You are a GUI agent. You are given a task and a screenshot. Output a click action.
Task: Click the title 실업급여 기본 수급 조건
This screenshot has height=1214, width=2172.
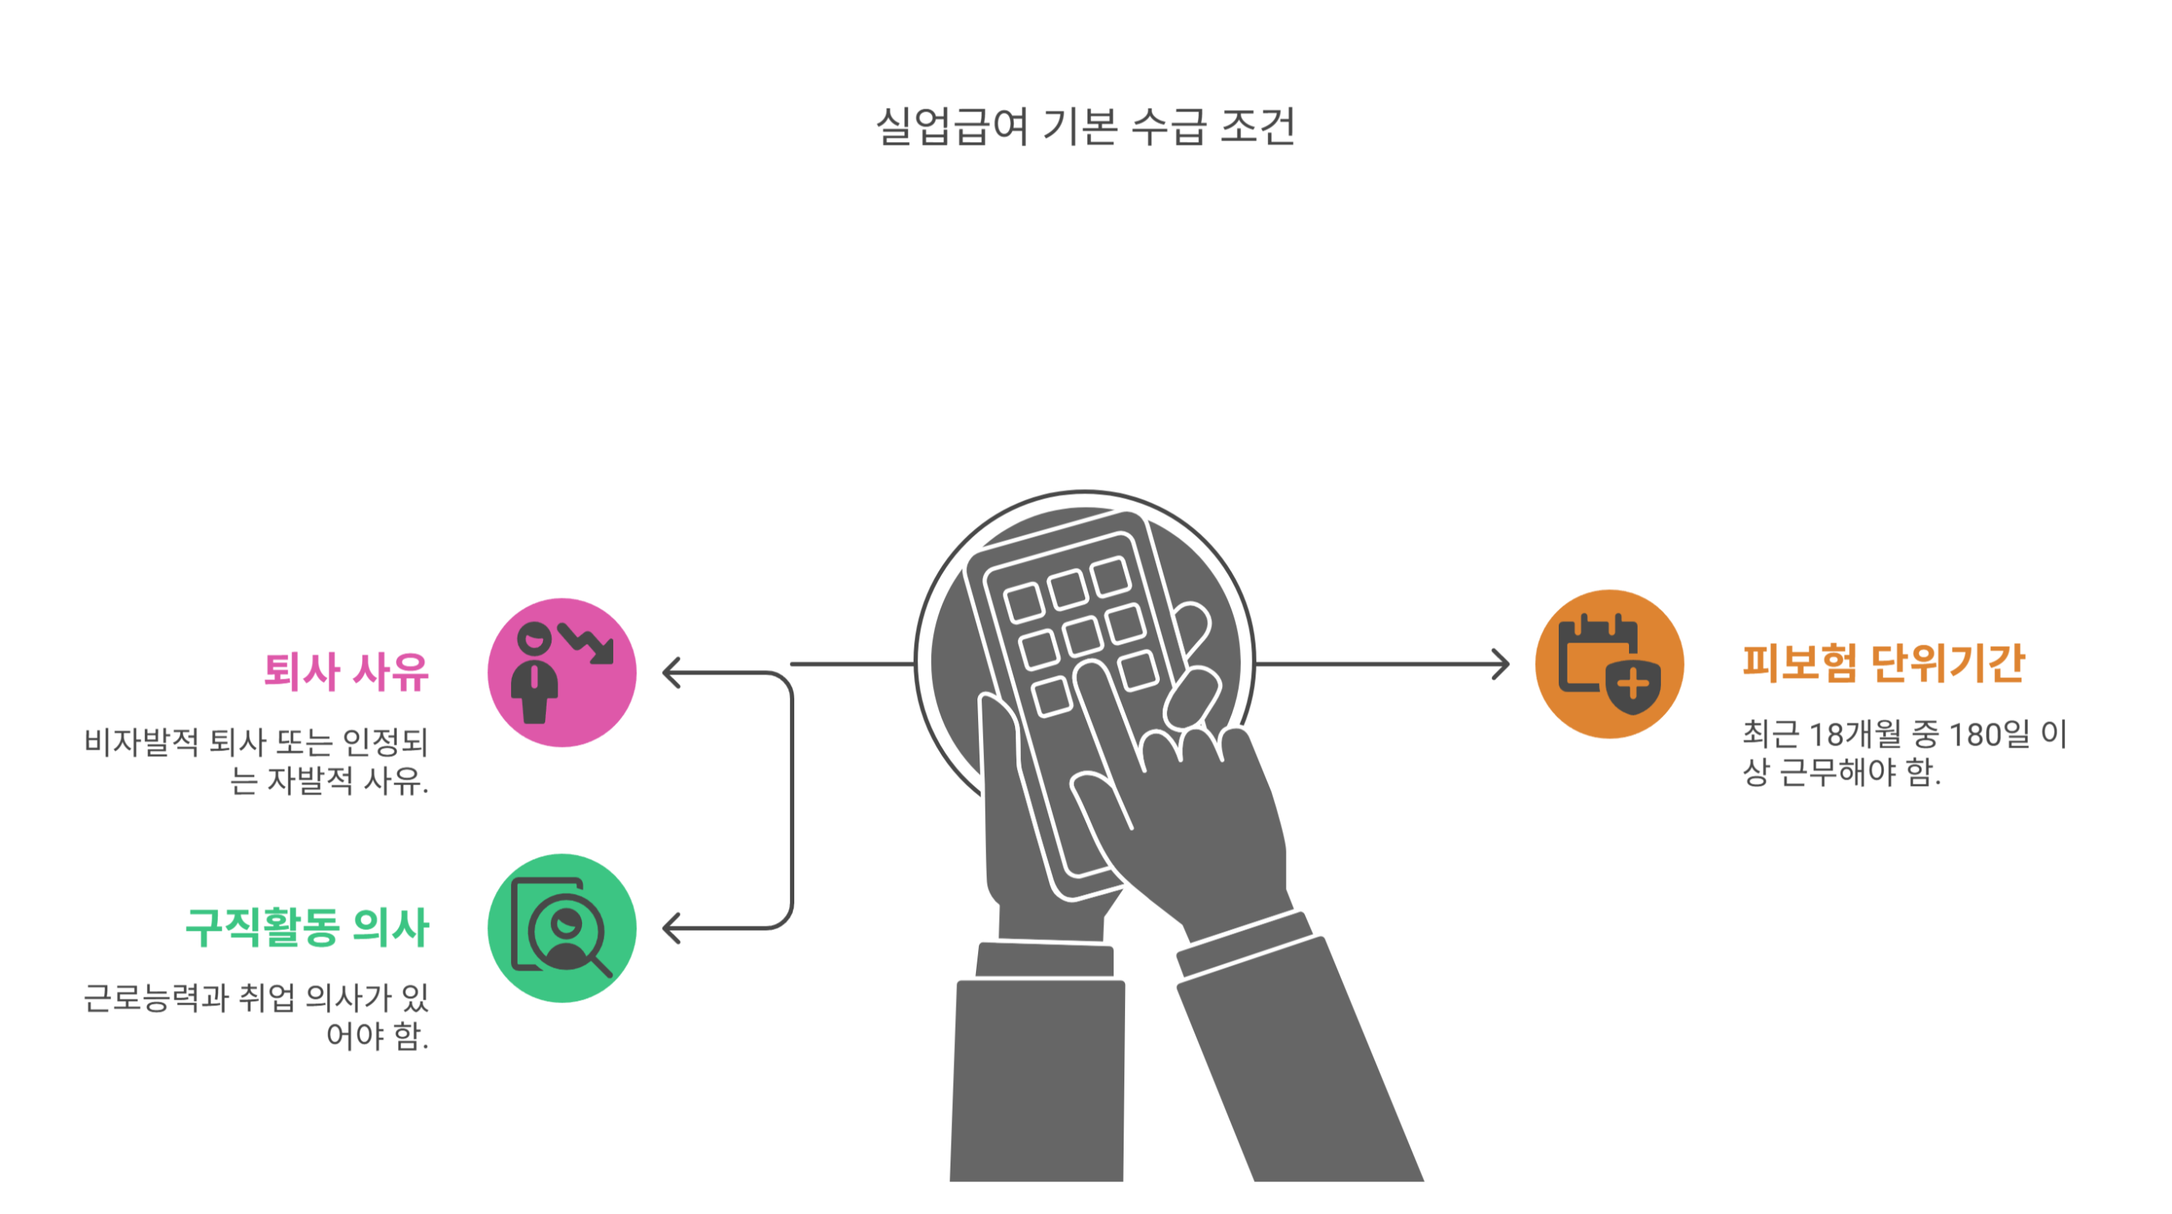[x=1085, y=127]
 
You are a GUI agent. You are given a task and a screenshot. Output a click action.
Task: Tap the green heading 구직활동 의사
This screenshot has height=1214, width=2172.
[x=307, y=927]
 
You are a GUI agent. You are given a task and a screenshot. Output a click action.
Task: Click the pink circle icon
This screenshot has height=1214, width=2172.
[x=562, y=672]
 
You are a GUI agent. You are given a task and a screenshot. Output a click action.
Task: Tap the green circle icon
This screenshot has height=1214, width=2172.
[x=562, y=928]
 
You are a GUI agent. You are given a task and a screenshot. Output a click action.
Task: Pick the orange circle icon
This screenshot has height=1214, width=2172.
[x=1609, y=664]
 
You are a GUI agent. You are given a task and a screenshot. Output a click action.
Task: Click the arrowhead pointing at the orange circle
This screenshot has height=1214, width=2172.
[x=1502, y=664]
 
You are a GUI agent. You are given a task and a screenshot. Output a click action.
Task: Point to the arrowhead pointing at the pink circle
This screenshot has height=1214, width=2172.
[x=671, y=672]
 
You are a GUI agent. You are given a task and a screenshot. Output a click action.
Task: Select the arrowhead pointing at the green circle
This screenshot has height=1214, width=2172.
[x=671, y=928]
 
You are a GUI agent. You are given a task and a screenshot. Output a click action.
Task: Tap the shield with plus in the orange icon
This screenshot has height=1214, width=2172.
[x=1633, y=685]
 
